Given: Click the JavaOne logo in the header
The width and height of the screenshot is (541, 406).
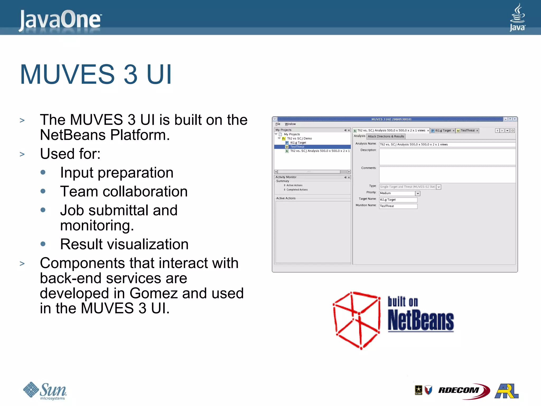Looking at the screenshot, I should [x=60, y=20].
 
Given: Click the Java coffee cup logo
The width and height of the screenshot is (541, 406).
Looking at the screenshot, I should [x=517, y=17].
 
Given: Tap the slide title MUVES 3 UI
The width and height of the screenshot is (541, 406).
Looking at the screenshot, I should [x=96, y=75].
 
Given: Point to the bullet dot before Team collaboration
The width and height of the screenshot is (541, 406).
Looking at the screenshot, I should [x=43, y=191].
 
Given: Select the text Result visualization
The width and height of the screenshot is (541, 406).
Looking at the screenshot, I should [x=124, y=244].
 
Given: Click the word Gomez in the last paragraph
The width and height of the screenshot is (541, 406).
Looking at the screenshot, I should [x=153, y=293].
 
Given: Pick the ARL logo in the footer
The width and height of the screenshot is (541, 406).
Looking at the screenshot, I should [x=506, y=391].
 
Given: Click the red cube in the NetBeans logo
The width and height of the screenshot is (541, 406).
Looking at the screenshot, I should [x=357, y=320].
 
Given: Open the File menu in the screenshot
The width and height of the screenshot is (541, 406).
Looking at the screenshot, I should [x=278, y=124].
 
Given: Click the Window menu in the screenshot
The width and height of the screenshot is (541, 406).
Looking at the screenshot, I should [x=290, y=124].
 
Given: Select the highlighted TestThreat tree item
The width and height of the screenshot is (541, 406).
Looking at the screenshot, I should [x=297, y=147].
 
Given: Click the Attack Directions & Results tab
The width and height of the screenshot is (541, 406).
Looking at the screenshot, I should [x=386, y=136].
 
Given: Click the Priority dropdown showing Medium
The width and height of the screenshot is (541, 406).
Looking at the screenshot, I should [x=399, y=193].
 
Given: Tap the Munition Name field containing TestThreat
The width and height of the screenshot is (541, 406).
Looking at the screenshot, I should [x=398, y=206].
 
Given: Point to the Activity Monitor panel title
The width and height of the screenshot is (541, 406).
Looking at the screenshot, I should [x=286, y=177].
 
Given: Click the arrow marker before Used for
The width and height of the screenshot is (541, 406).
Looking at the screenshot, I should [x=22, y=154].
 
